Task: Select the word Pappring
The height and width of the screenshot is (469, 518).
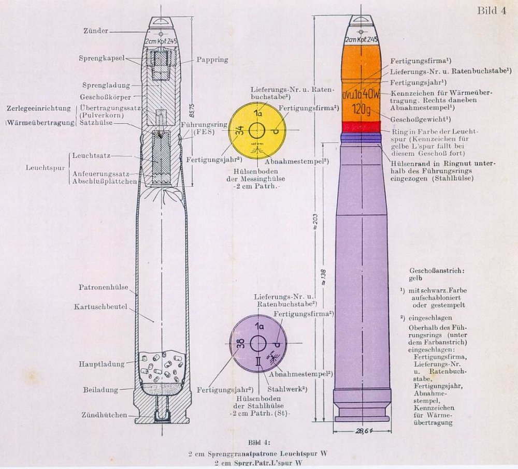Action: pos(212,60)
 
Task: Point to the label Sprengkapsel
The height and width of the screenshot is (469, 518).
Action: pos(102,58)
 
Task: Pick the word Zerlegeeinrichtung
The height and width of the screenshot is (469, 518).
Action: pos(38,109)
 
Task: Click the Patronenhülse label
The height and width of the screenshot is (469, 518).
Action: pos(103,287)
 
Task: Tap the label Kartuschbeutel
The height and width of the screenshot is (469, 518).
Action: pos(100,307)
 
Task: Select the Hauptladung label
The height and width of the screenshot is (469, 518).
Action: pos(102,364)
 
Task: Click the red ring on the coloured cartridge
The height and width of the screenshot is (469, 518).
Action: pos(361,126)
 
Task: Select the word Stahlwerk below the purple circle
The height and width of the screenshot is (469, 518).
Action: pos(282,389)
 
